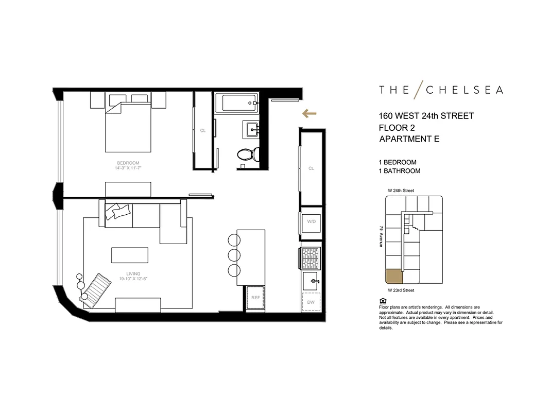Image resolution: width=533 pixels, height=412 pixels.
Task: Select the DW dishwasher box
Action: [x=311, y=302]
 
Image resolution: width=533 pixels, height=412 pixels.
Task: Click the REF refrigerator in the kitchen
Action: [x=255, y=298]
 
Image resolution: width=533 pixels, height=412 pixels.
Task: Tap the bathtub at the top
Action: [x=235, y=104]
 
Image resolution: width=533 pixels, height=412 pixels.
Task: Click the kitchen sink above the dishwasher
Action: [x=311, y=282]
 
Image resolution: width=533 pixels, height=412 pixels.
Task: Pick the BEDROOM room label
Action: [x=128, y=163]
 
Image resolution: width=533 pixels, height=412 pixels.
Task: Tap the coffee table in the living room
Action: [x=130, y=255]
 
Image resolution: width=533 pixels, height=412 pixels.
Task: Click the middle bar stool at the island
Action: [x=234, y=255]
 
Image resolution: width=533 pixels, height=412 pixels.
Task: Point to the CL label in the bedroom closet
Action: [x=203, y=131]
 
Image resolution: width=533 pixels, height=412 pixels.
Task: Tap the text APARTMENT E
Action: [x=409, y=139]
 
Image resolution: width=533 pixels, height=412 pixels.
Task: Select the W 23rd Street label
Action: [x=401, y=290]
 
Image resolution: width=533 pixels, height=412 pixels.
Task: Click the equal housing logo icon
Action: [x=382, y=301]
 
